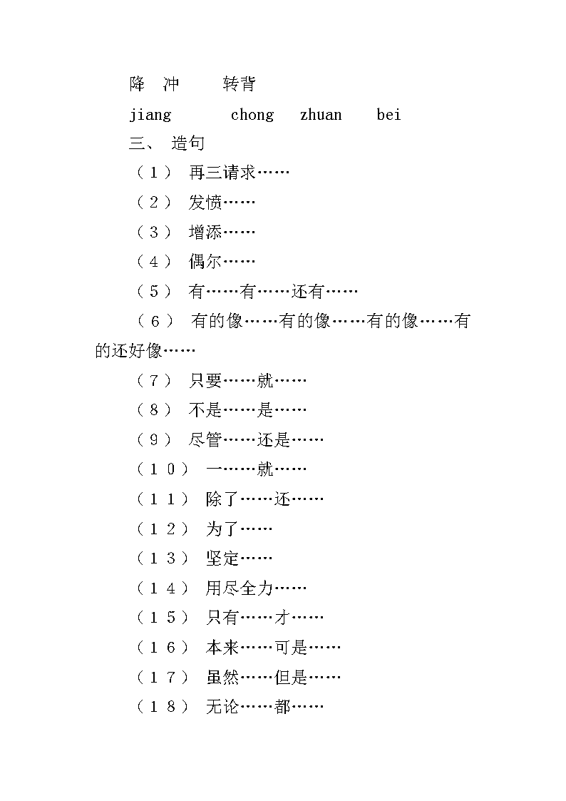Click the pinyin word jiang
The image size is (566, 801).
150,116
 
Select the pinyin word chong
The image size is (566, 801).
252,114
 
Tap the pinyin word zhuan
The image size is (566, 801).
321,114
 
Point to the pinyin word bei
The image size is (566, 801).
389,114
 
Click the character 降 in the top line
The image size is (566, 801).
138,83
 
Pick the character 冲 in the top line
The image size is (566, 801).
171,83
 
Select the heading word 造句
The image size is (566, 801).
187,143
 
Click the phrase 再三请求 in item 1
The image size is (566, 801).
222,173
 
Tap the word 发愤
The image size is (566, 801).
205,203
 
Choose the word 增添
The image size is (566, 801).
205,232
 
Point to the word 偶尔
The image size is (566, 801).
205,262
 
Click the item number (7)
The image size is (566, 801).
154,381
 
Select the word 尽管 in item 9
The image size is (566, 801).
205,440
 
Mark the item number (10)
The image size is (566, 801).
163,469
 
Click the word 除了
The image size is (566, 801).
222,499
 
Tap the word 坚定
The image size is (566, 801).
222,558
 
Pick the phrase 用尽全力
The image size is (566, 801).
240,588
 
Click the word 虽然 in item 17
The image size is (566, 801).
222,678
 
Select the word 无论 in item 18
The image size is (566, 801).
222,707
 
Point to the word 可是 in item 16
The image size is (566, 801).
291,648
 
